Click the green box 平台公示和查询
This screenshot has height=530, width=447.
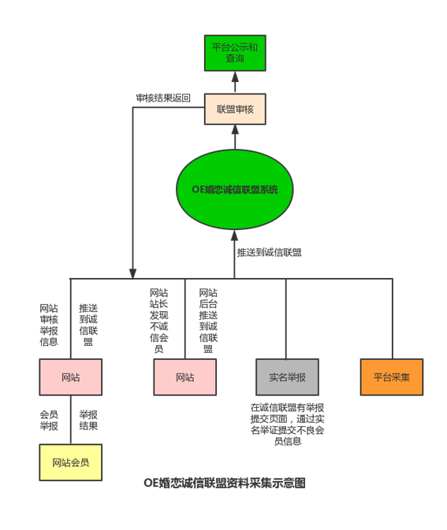[235, 53]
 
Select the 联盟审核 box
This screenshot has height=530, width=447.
[235, 109]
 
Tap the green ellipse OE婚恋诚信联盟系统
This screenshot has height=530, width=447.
[234, 189]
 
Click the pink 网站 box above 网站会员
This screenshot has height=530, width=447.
[71, 377]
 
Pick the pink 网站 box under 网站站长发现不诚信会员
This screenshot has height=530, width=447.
[184, 377]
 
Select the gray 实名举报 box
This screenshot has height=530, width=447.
[287, 377]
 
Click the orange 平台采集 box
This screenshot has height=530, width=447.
[392, 377]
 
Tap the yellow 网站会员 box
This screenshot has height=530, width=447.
[71, 462]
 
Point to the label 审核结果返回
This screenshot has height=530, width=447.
[163, 98]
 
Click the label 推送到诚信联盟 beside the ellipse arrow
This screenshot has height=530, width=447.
[269, 253]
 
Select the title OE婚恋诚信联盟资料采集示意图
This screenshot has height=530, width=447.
[225, 483]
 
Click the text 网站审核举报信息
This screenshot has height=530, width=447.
[49, 324]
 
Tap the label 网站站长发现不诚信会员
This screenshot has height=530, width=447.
[158, 321]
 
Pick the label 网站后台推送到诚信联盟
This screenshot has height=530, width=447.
[208, 321]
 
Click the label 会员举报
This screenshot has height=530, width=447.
[49, 421]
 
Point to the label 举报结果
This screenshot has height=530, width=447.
[88, 421]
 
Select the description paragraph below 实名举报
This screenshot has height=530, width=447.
[287, 424]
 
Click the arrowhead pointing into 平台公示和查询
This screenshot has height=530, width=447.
[235, 76]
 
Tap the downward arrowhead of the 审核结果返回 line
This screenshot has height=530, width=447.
[132, 273]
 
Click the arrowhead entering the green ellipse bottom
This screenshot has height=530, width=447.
[234, 235]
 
